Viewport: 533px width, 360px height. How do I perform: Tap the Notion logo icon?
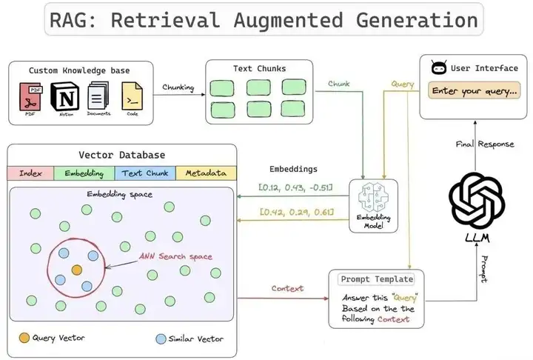point(67,98)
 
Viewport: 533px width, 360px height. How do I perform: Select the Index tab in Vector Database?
point(30,173)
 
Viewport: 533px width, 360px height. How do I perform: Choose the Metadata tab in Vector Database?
point(206,173)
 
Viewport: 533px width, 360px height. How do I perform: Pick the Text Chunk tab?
point(144,173)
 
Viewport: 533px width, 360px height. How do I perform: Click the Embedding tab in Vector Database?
point(84,173)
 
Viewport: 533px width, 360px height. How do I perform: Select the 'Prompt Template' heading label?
point(377,279)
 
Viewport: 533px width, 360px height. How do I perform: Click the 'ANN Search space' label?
point(175,257)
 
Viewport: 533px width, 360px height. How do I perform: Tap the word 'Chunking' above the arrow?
point(178,87)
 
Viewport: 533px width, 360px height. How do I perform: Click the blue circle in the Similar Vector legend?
point(161,339)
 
